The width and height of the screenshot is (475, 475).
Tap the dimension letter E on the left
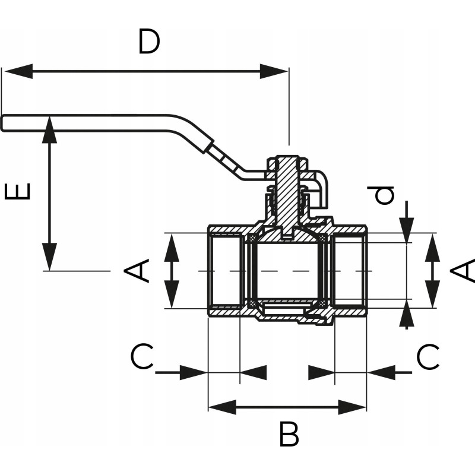click(x=18, y=192)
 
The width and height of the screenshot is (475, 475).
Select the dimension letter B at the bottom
click(x=289, y=436)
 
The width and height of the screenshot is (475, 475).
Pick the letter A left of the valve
click(x=137, y=271)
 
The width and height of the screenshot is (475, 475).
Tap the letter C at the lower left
click(x=142, y=357)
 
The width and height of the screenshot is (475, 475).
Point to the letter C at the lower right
click(x=427, y=357)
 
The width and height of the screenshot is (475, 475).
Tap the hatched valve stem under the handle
click(x=287, y=190)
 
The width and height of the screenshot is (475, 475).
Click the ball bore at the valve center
click(x=287, y=271)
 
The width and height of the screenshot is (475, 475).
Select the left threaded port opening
click(x=226, y=271)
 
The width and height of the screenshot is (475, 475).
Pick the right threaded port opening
click(x=349, y=271)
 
